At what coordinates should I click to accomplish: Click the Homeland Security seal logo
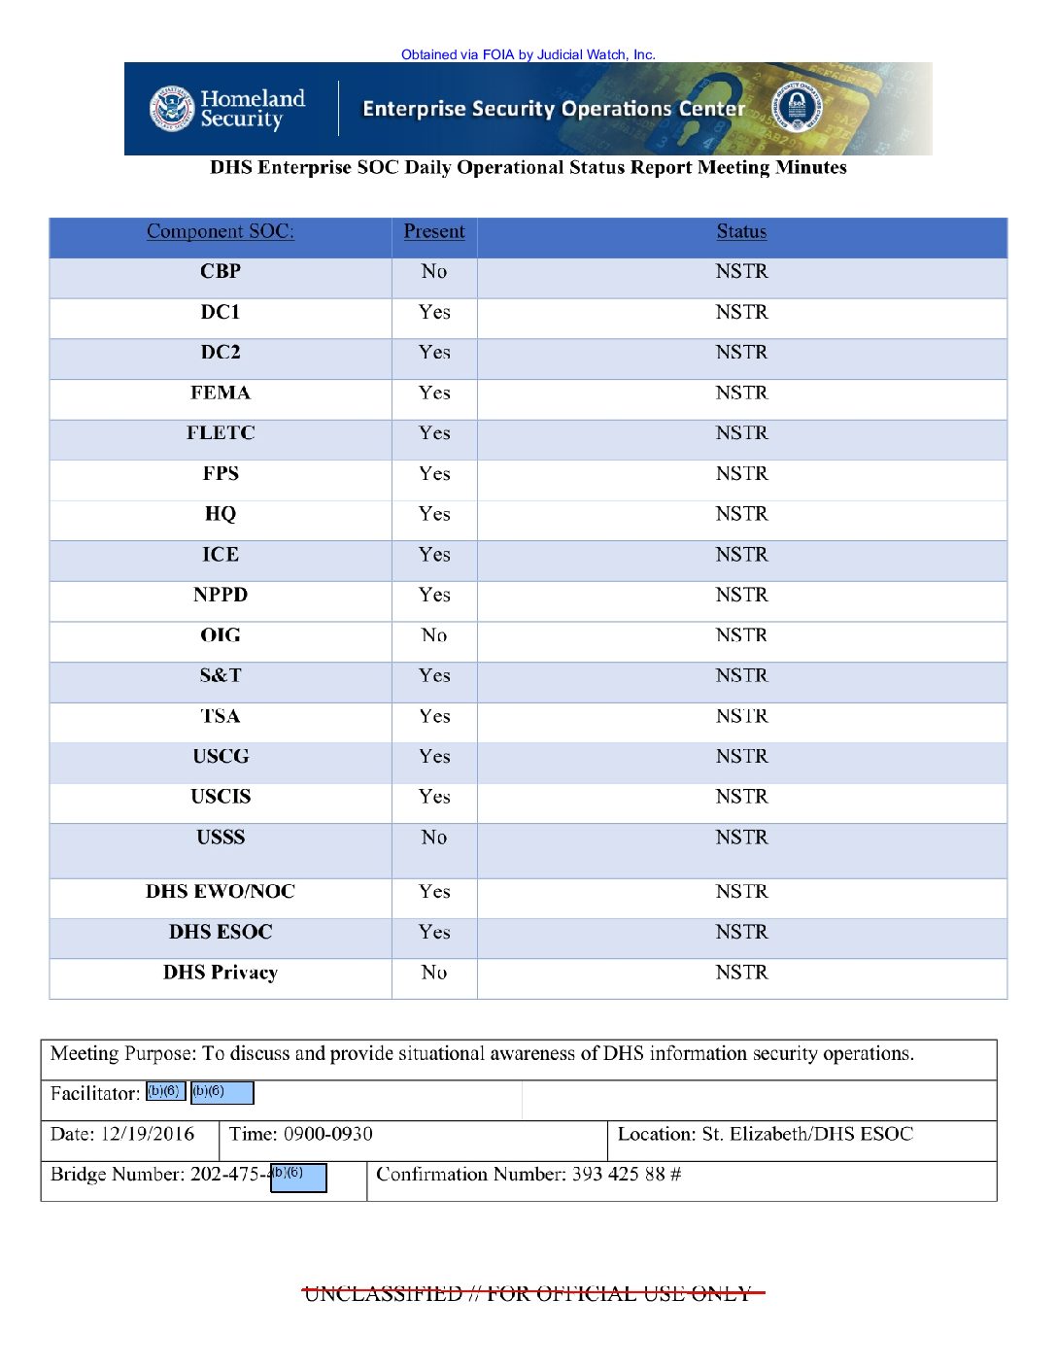(172, 108)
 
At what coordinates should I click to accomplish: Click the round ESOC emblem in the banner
(796, 108)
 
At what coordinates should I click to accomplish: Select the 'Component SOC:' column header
(221, 231)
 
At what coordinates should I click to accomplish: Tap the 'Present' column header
(434, 231)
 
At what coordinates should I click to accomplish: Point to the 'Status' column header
(741, 231)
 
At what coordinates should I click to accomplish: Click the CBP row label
(221, 272)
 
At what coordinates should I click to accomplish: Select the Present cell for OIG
(434, 635)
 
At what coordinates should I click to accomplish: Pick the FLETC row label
(221, 433)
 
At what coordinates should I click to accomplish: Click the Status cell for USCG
(741, 756)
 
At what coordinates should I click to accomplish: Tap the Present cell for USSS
(434, 838)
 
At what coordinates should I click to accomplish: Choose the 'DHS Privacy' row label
(221, 973)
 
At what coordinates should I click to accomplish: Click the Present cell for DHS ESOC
(434, 932)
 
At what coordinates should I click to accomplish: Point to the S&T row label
(221, 675)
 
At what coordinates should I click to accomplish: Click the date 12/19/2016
(148, 1134)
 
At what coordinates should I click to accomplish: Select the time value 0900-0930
(328, 1134)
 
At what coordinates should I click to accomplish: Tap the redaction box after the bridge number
(298, 1178)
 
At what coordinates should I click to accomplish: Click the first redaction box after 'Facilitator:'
(165, 1092)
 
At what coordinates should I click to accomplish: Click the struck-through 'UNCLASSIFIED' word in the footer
(383, 1294)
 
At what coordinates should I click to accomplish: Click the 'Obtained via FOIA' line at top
(528, 54)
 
